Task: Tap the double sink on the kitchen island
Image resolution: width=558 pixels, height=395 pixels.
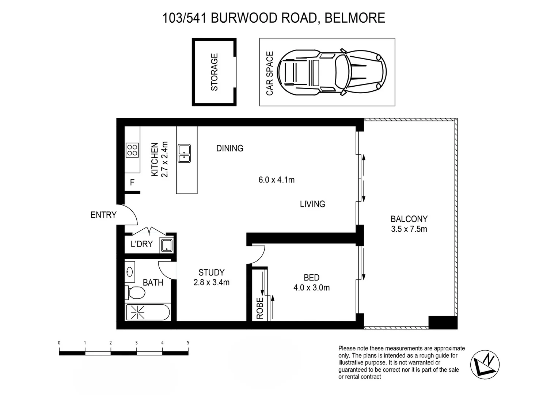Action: (184, 153)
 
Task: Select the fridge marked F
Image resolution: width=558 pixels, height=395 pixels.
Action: (132, 182)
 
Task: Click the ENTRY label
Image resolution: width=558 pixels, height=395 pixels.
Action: (103, 215)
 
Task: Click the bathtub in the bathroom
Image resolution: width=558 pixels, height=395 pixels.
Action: (148, 313)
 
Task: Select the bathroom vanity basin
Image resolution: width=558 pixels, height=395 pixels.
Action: (129, 272)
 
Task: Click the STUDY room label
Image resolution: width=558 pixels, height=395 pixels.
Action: (211, 272)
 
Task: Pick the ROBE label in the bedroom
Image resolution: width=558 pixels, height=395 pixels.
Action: (260, 308)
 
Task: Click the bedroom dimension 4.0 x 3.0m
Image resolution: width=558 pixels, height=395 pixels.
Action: (311, 288)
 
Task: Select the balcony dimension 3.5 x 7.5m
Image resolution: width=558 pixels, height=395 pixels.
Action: (409, 229)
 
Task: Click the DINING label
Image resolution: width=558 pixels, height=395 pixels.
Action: (229, 148)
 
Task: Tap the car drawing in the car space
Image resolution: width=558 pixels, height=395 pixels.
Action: (331, 72)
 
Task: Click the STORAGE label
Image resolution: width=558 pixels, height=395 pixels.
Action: (215, 72)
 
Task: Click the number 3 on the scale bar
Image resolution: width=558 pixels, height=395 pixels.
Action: (136, 343)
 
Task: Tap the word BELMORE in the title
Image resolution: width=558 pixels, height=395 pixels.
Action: (354, 18)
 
